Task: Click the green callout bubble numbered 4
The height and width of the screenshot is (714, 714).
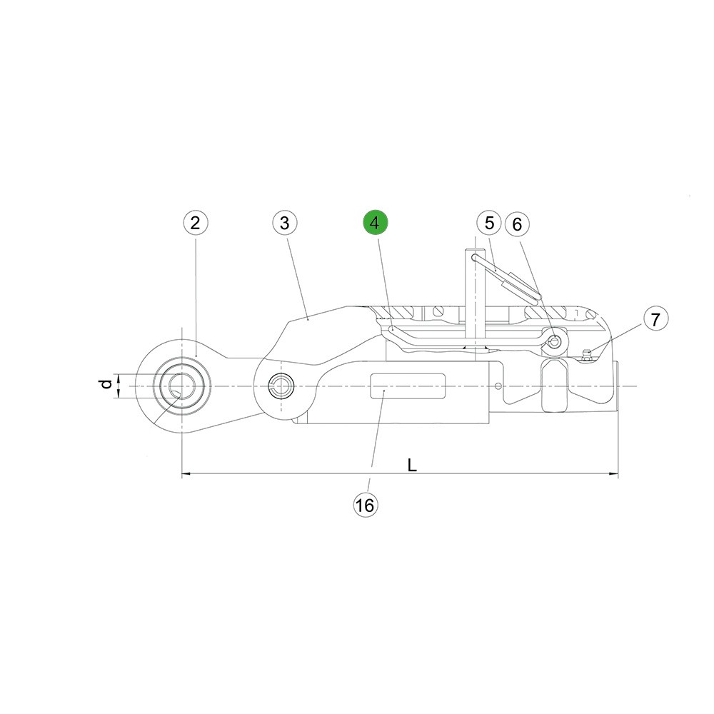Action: (375, 223)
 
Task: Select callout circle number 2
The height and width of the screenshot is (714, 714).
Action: (196, 223)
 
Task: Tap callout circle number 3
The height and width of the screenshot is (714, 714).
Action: (285, 223)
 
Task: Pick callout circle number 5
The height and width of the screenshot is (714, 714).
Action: (489, 223)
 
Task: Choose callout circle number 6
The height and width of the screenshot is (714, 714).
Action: (517, 224)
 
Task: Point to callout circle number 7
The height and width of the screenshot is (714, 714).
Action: (655, 319)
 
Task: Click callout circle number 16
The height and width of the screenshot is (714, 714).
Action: (365, 505)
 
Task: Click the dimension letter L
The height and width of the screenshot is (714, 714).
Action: (412, 465)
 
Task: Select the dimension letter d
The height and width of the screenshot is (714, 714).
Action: (106, 384)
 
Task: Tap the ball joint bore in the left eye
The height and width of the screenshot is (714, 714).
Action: (182, 386)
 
